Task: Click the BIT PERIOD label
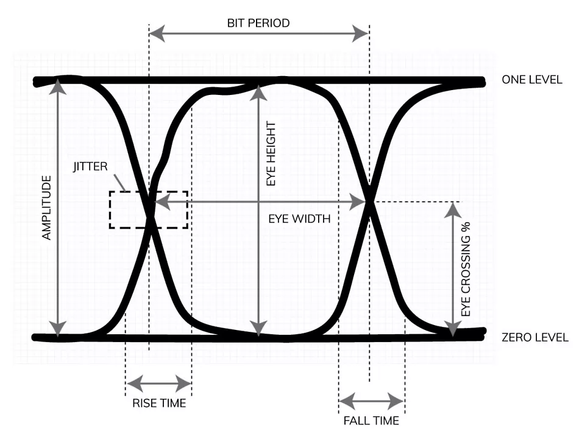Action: click(258, 23)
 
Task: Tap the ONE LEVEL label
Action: click(532, 80)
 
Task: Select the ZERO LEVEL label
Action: click(534, 337)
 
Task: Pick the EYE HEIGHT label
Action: click(272, 153)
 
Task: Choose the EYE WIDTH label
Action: click(299, 219)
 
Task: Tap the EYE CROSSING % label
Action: click(466, 268)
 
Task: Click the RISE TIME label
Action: click(159, 403)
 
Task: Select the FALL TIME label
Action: click(371, 421)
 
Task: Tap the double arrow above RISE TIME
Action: click(158, 384)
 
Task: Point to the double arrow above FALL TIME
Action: click(371, 401)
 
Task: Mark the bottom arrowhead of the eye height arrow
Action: click(259, 329)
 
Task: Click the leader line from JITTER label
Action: click(121, 182)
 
